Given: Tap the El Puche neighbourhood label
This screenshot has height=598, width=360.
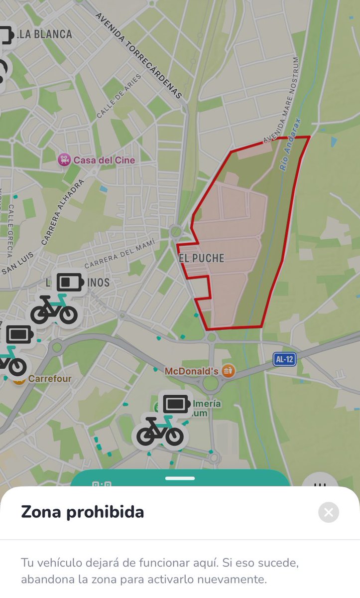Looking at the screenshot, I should pyautogui.click(x=202, y=258).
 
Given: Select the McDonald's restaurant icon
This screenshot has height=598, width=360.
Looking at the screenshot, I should pyautogui.click(x=228, y=371).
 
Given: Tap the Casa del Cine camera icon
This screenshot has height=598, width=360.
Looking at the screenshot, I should pyautogui.click(x=64, y=160).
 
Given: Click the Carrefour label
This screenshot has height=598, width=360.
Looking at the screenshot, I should pyautogui.click(x=50, y=379).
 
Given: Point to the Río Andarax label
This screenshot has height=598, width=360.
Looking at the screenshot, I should pyautogui.click(x=291, y=145).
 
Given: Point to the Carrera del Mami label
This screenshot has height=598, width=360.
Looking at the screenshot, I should pyautogui.click(x=117, y=255).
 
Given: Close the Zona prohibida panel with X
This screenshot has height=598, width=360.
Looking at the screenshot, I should pyautogui.click(x=329, y=512).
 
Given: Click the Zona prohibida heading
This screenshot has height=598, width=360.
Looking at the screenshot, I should pyautogui.click(x=82, y=512).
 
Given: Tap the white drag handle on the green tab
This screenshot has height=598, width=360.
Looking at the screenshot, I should pyautogui.click(x=180, y=478).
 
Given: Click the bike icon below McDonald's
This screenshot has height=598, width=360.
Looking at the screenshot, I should pyautogui.click(x=160, y=432).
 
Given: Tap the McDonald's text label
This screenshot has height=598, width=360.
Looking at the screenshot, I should pyautogui.click(x=192, y=371).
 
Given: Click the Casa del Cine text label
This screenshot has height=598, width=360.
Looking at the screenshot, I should pyautogui.click(x=104, y=160).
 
